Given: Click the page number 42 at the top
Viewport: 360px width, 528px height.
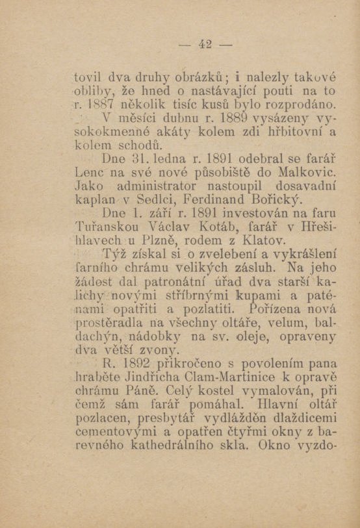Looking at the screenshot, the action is tap(206, 44).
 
